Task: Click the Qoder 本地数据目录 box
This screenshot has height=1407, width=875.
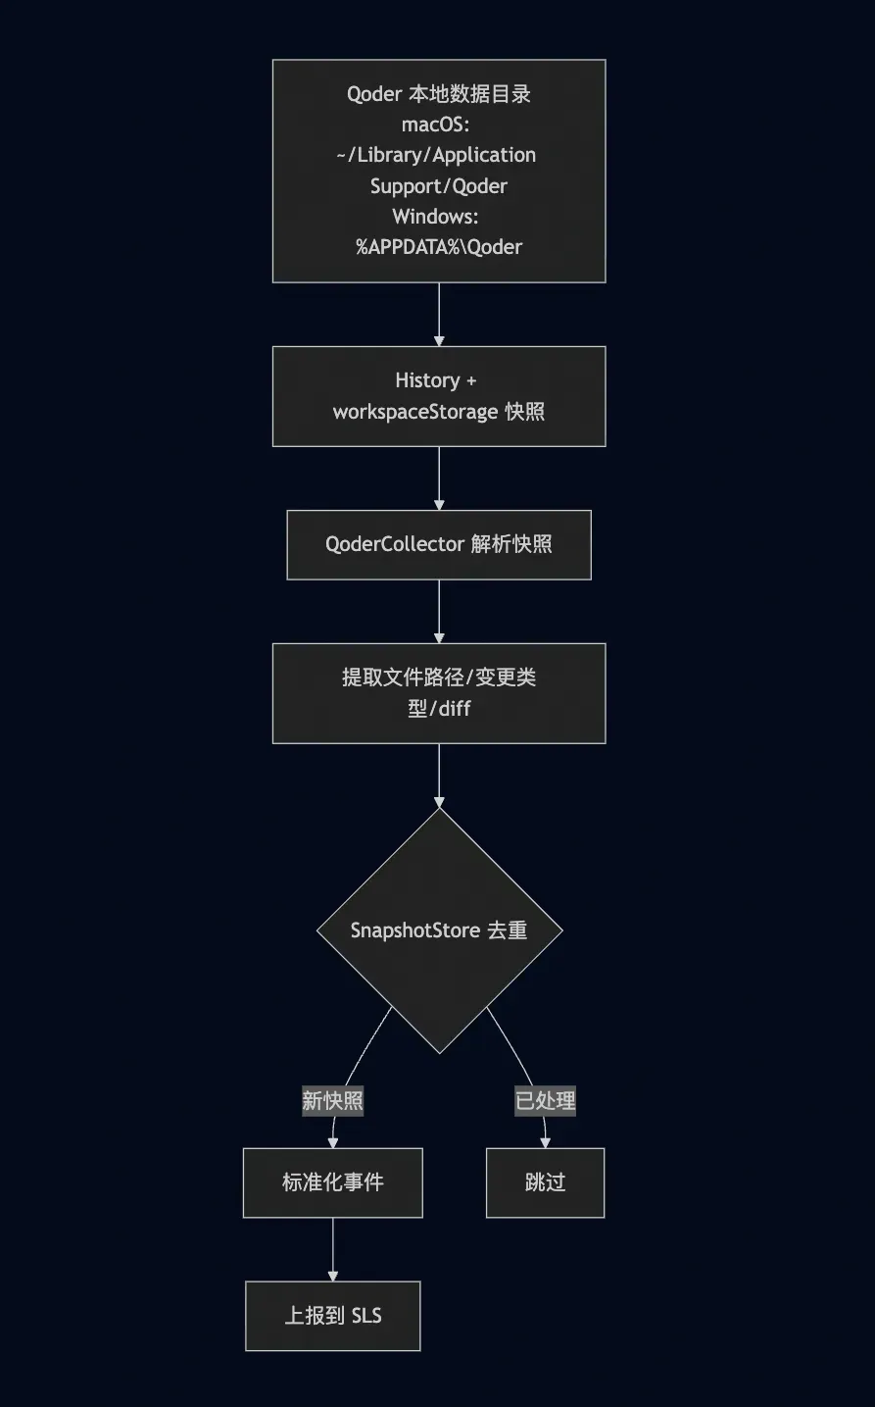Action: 438,171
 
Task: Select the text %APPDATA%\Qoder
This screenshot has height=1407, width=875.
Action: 438,247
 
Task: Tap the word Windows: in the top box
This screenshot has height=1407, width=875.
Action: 435,217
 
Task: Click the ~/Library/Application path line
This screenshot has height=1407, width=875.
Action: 436,155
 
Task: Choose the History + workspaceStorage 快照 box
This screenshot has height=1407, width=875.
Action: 438,396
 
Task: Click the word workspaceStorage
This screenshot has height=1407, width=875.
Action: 415,412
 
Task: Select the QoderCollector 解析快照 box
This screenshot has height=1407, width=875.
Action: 438,544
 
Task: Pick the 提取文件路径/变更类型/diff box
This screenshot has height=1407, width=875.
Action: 438,692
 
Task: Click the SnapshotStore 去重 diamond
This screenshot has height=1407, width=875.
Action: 439,930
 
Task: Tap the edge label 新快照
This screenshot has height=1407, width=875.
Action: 332,1101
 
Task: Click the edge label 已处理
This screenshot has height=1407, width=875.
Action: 545,1101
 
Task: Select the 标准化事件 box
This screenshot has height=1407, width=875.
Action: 332,1182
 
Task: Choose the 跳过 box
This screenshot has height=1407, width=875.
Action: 545,1182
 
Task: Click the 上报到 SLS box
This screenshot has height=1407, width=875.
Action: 332,1316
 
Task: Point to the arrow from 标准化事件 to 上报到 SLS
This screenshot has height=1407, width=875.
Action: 333,1249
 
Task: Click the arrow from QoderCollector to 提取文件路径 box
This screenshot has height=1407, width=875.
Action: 439,611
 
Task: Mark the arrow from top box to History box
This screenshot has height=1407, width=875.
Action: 439,314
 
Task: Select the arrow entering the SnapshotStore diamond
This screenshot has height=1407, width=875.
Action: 439,775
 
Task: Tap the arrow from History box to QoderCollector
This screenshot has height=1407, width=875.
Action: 439,477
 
